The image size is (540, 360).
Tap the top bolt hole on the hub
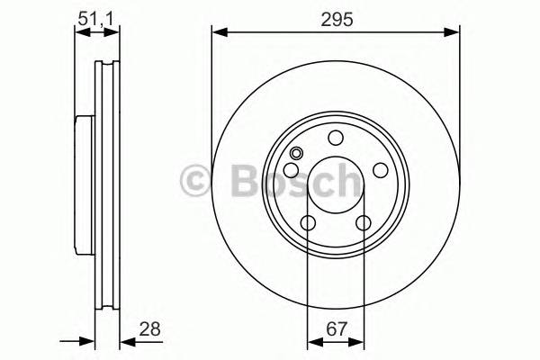pyautogui.click(x=336, y=138)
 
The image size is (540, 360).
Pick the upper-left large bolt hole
pyautogui.click(x=291, y=171)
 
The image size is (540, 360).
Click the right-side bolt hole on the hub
pyautogui.click(x=381, y=171)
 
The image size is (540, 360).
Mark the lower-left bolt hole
pyautogui.click(x=308, y=224)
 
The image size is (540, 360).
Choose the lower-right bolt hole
pyautogui.click(x=364, y=224)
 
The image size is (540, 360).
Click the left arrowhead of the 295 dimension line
pyautogui.click(x=218, y=32)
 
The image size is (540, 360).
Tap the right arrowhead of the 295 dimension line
pyautogui.click(x=454, y=32)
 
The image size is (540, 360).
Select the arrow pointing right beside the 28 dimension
pyautogui.click(x=87, y=342)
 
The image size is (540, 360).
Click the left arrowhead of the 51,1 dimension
pyautogui.click(x=79, y=32)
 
